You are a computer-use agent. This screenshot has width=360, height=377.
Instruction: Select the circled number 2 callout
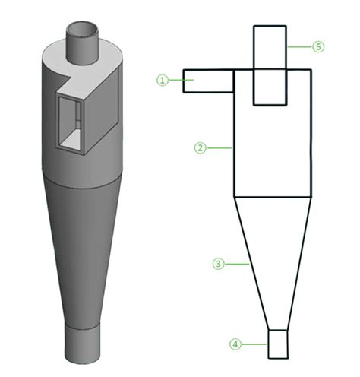pos(200,148)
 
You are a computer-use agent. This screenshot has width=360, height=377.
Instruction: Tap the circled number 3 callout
pos(217,264)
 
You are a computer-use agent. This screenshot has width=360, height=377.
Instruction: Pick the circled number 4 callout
pos(236,344)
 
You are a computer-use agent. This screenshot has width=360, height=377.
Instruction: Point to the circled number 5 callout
pos(318,46)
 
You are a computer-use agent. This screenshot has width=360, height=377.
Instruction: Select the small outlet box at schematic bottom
pos(279,344)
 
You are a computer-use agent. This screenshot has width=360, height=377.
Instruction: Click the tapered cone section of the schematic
pos(272,251)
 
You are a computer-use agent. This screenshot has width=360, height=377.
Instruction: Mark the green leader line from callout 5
pos(299,46)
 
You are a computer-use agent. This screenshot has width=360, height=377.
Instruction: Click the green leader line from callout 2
pos(219,148)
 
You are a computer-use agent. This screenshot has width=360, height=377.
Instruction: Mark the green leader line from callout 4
pos(256,344)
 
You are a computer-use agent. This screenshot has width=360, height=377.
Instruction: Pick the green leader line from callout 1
pos(175,79)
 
